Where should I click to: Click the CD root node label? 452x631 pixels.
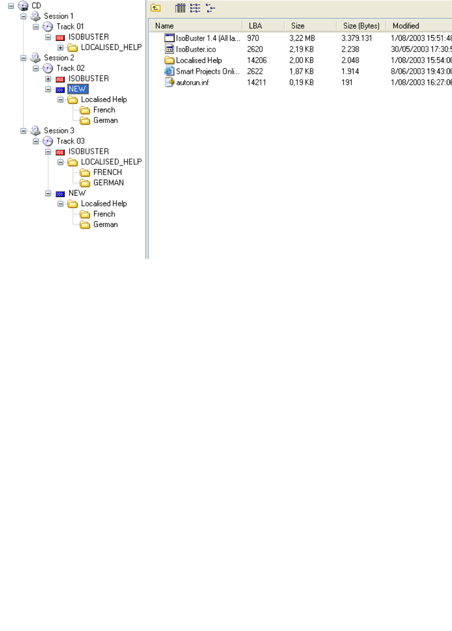click(36, 6)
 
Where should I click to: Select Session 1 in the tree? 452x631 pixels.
click(59, 16)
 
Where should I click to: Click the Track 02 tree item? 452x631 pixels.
click(70, 68)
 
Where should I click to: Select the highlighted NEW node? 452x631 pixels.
click(77, 89)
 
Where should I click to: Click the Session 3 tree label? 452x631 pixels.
click(59, 130)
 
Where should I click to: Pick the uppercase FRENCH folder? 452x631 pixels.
click(107, 172)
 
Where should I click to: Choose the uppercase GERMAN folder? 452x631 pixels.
click(108, 183)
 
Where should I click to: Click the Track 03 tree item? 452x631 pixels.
click(70, 141)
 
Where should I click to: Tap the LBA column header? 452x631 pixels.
click(255, 26)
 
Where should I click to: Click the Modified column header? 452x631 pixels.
click(406, 26)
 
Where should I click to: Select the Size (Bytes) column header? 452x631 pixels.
click(361, 26)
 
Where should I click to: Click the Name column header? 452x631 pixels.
click(165, 26)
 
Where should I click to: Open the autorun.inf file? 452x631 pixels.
click(192, 82)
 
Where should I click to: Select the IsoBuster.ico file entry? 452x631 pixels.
click(195, 49)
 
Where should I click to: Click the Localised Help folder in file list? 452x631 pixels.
click(198, 61)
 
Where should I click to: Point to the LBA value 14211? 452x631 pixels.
click(256, 82)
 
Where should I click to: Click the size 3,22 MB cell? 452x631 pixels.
click(302, 39)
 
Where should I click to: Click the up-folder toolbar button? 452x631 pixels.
click(156, 8)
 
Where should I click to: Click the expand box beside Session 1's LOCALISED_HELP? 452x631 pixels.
click(61, 48)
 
